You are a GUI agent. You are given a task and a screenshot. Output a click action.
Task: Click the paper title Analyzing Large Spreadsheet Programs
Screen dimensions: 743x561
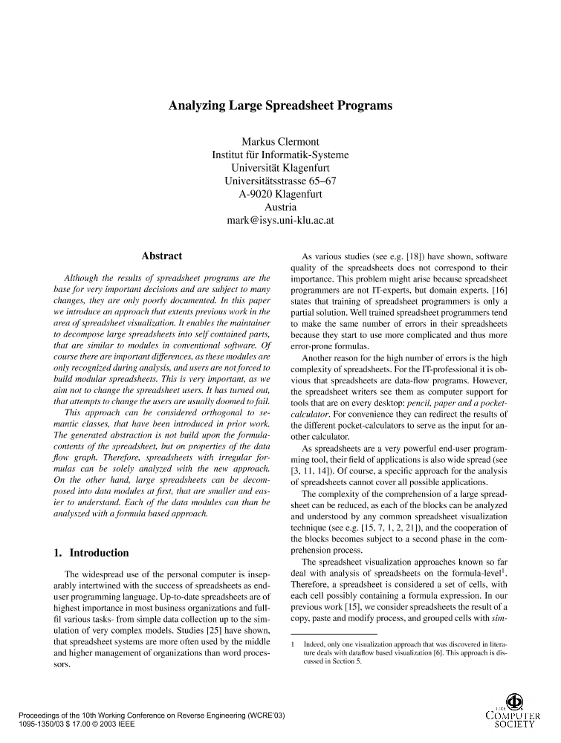280,106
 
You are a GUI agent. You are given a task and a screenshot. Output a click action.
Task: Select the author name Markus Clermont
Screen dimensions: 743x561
280,142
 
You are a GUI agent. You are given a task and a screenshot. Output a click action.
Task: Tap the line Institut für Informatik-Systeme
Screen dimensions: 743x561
280,155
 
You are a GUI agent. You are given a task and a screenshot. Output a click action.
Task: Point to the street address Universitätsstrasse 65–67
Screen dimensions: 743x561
280,181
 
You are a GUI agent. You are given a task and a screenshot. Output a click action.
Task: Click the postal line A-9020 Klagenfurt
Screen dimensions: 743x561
280,194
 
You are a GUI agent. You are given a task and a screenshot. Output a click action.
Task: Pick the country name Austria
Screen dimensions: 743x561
280,207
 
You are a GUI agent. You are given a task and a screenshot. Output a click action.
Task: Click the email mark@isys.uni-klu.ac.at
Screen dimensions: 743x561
280,221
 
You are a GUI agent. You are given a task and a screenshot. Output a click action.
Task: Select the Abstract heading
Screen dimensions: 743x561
161,256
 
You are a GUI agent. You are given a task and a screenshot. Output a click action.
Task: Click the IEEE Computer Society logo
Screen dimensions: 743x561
512,713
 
